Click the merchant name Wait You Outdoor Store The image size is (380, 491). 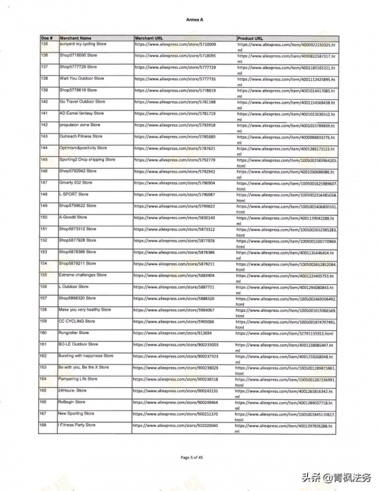(82, 78)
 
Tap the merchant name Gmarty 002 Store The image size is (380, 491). (75, 182)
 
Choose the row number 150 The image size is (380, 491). (44, 217)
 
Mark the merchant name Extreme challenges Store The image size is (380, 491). (82, 275)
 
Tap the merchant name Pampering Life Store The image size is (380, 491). (78, 378)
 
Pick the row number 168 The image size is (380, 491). (44, 425)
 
